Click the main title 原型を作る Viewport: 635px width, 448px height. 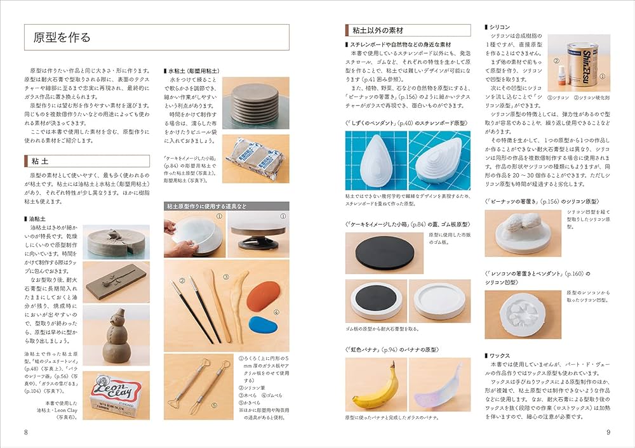pyautogui.click(x=62, y=37)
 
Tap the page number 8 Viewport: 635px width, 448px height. pyautogui.click(x=25, y=432)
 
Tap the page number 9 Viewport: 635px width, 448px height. pyautogui.click(x=608, y=432)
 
